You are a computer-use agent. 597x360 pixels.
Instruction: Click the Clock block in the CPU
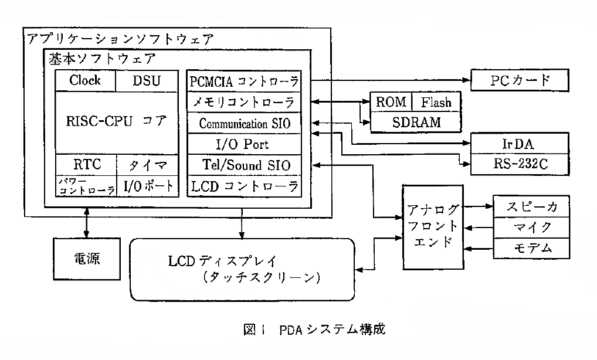click(x=85, y=81)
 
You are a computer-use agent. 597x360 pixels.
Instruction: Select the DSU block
click(x=147, y=81)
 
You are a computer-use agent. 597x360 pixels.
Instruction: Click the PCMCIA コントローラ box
click(x=244, y=80)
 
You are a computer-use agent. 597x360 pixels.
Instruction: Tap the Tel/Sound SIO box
click(x=244, y=165)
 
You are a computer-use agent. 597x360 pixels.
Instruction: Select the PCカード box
click(x=520, y=80)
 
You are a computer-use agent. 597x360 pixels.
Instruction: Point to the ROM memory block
click(x=391, y=102)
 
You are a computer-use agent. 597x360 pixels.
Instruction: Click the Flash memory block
click(x=436, y=102)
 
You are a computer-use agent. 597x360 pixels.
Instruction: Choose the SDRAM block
click(x=414, y=122)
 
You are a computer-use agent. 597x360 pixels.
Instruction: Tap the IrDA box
click(x=520, y=143)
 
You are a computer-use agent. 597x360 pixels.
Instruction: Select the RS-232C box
click(x=520, y=164)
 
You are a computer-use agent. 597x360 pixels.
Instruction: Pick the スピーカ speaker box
click(x=531, y=207)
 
